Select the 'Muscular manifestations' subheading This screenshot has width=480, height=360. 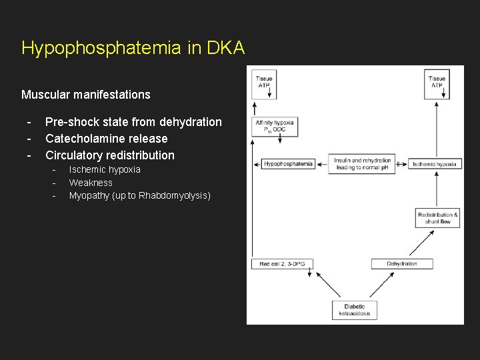tap(86, 95)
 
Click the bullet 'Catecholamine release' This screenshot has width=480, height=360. tap(107, 139)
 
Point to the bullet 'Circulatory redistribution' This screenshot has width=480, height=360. tap(110, 155)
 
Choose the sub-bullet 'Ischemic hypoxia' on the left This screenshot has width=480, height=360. tap(105, 169)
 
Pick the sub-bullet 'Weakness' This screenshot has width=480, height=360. tap(91, 183)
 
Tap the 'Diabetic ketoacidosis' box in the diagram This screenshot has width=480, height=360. tap(355, 310)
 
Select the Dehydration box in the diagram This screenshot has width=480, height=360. tap(402, 264)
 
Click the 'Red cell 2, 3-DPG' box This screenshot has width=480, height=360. tap(282, 264)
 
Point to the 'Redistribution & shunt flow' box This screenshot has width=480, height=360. tap(437, 218)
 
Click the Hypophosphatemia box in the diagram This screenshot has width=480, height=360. tap(288, 164)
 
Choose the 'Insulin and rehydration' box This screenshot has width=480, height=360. tap(362, 164)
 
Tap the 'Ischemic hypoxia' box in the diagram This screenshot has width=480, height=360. tap(435, 164)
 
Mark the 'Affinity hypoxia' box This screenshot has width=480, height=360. tap(275, 126)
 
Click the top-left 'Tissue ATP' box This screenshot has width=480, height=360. tap(263, 83)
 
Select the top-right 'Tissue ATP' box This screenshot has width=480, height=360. tap(437, 83)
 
